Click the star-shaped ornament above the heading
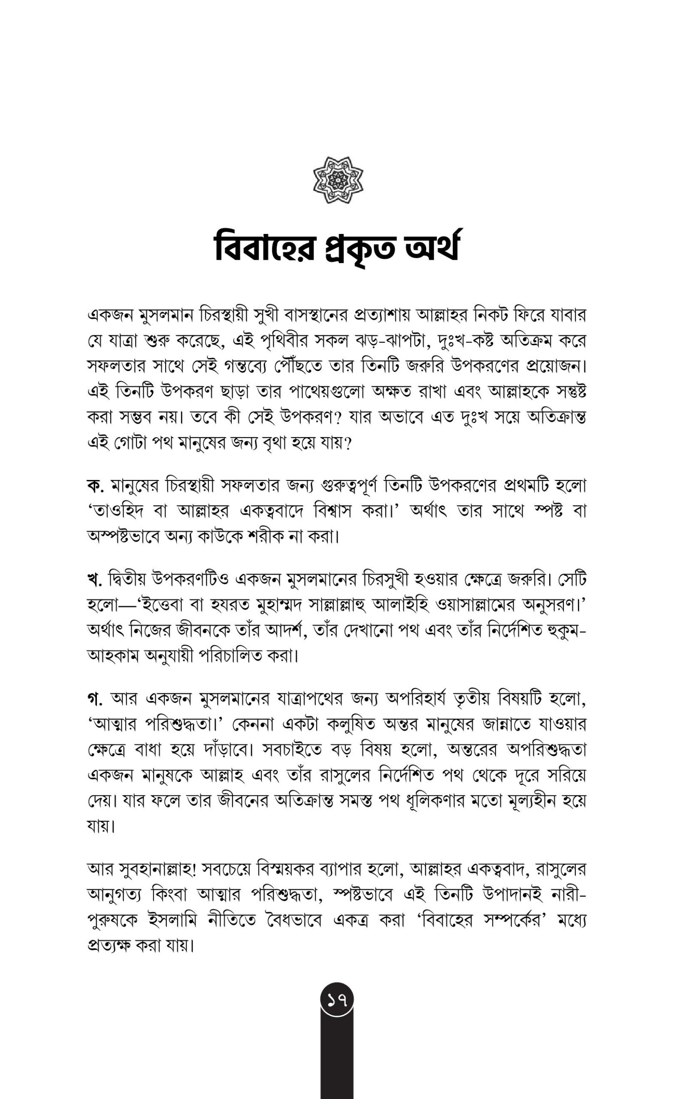coord(338,180)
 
